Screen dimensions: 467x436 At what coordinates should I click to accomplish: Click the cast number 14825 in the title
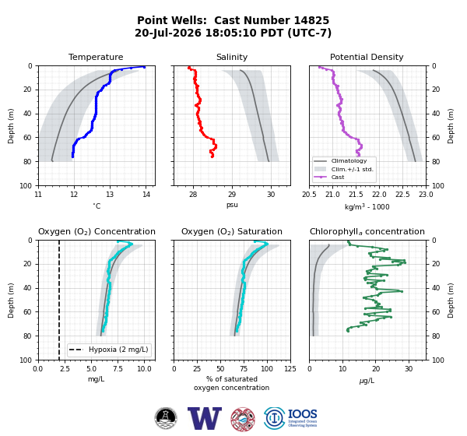click(x=311, y=20)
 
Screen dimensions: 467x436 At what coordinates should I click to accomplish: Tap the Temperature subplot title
click(x=96, y=57)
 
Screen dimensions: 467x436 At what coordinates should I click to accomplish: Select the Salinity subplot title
click(x=232, y=57)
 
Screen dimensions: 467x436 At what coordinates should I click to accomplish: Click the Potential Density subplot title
click(x=367, y=57)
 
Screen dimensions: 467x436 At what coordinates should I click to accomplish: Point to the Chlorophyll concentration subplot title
click(x=367, y=231)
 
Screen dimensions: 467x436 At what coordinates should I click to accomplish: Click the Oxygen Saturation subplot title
click(x=232, y=231)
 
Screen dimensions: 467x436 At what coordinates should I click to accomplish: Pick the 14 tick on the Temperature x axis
click(x=146, y=195)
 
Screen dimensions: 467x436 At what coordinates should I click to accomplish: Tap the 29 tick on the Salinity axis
click(x=232, y=195)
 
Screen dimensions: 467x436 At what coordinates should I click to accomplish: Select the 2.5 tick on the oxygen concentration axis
click(x=65, y=369)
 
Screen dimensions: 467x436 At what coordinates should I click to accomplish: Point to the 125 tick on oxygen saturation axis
click(x=290, y=369)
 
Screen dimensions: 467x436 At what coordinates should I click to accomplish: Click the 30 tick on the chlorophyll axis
click(x=409, y=369)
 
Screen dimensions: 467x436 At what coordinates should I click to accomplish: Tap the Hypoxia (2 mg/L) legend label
click(x=118, y=350)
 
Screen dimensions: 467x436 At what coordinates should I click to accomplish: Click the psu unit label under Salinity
click(x=232, y=205)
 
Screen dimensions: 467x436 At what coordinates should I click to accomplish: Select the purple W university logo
click(x=204, y=418)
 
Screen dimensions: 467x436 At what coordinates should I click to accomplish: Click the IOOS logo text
click(x=302, y=414)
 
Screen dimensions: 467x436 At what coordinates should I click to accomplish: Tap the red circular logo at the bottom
click(x=243, y=420)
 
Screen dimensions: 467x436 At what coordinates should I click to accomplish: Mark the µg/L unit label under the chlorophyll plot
click(x=367, y=381)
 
